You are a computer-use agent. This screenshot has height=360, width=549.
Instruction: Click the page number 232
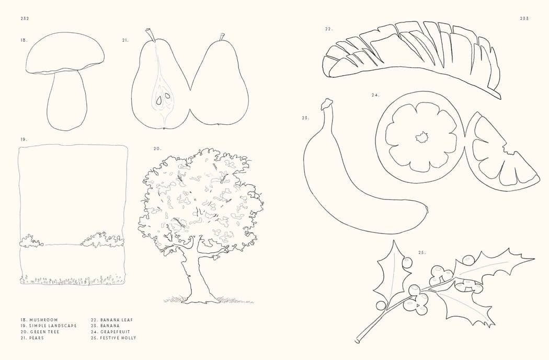tap(25, 18)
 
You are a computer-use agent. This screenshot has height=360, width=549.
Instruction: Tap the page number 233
tap(524, 18)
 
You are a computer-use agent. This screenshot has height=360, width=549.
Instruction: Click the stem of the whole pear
tap(222, 37)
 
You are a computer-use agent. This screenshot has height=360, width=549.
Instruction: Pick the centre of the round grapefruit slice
tap(422, 138)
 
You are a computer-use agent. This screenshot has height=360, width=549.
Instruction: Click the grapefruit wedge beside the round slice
tap(499, 157)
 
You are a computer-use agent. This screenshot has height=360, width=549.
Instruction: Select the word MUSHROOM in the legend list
tap(44, 320)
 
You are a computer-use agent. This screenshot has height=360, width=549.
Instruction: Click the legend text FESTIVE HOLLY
tap(118, 338)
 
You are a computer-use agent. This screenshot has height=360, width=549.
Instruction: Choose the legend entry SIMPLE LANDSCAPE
tap(53, 326)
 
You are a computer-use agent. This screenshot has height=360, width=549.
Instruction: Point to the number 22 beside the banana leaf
tap(328, 29)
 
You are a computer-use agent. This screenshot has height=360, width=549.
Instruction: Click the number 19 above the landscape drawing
tap(24, 140)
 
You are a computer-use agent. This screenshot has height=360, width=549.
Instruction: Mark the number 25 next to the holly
tap(422, 253)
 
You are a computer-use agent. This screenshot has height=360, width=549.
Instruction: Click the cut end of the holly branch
tap(357, 341)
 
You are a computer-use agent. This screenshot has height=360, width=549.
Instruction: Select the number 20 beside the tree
tap(157, 149)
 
